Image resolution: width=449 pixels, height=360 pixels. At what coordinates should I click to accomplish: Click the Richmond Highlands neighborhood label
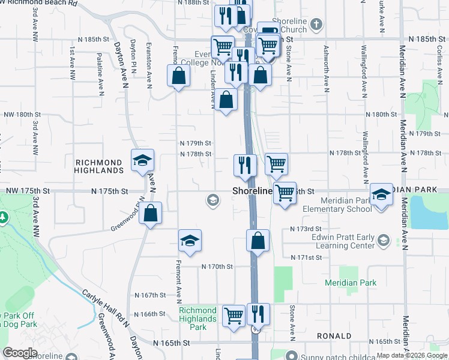(x=99, y=166)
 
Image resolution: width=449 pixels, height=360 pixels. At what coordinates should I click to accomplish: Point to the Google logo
(x=20, y=353)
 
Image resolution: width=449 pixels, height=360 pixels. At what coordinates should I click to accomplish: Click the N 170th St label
(x=217, y=266)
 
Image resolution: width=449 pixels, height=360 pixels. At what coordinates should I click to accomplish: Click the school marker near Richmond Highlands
(x=143, y=160)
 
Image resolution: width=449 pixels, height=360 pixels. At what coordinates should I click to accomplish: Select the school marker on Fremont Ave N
(x=190, y=241)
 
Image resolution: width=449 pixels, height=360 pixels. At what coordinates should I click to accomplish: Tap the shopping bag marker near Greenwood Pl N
(x=150, y=213)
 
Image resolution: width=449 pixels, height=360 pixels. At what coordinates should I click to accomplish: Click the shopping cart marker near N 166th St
(x=233, y=314)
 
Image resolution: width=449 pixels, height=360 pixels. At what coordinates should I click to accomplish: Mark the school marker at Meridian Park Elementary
(x=381, y=194)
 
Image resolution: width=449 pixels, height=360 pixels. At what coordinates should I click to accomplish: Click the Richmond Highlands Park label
(x=197, y=319)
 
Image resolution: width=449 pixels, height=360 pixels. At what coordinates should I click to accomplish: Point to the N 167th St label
(x=149, y=295)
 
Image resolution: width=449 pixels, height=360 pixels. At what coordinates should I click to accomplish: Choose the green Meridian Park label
(x=351, y=283)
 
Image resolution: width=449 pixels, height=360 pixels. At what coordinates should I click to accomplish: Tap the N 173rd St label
(x=306, y=229)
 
